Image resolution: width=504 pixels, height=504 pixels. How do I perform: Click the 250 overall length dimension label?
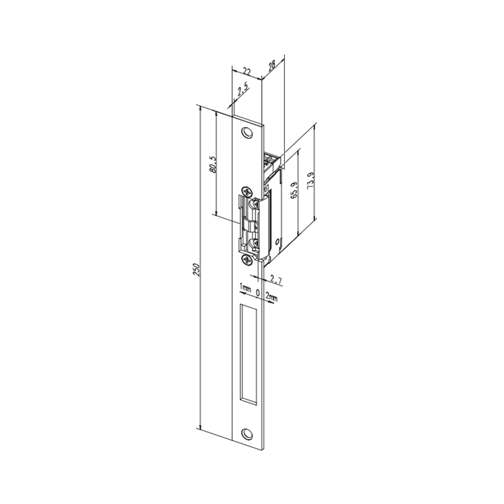197,270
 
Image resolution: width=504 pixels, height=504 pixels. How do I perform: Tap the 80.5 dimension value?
213,165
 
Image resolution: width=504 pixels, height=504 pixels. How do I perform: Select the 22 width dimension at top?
247,71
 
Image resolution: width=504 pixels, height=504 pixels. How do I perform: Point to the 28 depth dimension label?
272,66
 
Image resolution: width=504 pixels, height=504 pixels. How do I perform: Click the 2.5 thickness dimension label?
243,91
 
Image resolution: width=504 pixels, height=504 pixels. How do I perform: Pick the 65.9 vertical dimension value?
294,190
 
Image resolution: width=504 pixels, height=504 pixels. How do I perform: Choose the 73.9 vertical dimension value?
311,181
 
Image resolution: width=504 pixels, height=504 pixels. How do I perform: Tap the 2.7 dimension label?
275,280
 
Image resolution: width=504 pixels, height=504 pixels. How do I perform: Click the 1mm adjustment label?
245,288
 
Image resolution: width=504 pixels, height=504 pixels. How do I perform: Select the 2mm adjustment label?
271,298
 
